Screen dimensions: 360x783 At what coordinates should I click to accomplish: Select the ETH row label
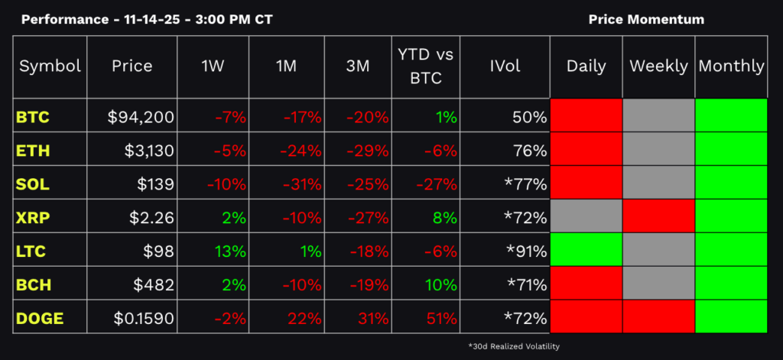[x=33, y=151]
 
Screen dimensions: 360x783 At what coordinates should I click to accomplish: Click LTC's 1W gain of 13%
[x=231, y=251]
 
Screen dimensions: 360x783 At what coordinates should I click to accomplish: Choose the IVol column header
[x=505, y=66]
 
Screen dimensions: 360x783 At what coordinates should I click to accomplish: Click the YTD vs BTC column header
[x=427, y=66]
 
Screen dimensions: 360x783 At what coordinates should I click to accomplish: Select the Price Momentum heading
[x=646, y=19]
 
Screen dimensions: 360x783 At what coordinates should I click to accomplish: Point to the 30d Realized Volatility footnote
[x=514, y=346]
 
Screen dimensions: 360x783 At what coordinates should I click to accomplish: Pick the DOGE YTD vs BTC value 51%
[x=441, y=317]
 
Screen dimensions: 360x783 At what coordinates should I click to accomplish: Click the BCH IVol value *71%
[x=526, y=284]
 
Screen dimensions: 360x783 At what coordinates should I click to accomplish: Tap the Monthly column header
[x=731, y=66]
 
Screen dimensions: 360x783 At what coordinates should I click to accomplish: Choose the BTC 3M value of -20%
[x=367, y=118]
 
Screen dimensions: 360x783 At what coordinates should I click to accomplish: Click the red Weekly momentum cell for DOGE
[x=658, y=317]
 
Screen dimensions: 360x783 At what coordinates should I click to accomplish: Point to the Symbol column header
[x=50, y=66]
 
